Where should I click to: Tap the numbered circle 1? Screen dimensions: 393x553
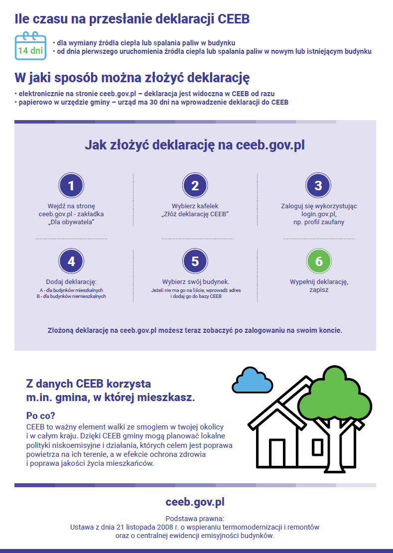(71, 186)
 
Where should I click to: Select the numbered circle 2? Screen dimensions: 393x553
(195, 186)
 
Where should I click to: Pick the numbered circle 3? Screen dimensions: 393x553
(318, 186)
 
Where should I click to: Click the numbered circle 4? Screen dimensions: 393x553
(71, 262)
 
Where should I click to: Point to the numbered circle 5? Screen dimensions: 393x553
(195, 262)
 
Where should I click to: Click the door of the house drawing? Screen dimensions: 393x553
(277, 453)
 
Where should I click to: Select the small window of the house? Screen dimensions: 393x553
(317, 447)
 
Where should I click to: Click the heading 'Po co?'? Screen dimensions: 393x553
(40, 415)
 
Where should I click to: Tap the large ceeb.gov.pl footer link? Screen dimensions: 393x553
(195, 502)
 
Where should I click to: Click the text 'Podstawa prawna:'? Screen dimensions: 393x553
(195, 518)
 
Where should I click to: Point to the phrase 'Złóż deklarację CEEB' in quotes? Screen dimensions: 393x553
(195, 214)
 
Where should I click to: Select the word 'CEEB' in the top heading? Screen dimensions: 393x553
(234, 19)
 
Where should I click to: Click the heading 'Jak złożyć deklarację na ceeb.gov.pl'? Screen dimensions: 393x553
(195, 145)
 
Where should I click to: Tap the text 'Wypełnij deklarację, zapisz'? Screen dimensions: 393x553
(319, 285)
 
